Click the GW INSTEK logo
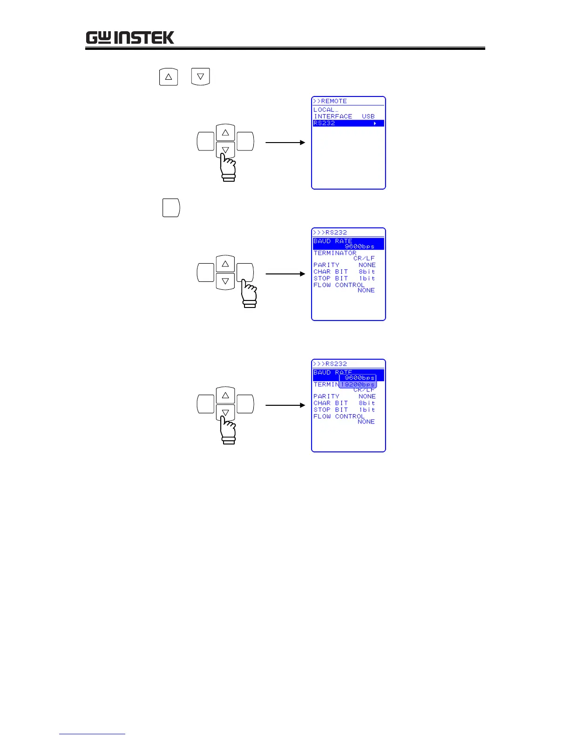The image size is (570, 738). coord(130,38)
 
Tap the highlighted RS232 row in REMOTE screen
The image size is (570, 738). coord(348,123)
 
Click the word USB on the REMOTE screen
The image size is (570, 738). coord(368,116)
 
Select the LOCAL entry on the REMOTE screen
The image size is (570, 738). coord(326,110)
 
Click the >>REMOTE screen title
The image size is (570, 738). coord(330,101)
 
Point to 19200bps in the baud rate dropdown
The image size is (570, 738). coord(358,385)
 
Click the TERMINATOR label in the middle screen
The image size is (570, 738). coord(335,253)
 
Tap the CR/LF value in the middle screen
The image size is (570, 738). coord(364,259)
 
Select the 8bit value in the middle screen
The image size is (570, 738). coord(367,272)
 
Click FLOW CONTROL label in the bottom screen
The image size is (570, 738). coord(339,417)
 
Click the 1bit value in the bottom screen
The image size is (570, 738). coord(367,410)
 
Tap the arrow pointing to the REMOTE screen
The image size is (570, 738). coord(285,143)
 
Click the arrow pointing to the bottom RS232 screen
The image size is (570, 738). coord(285,405)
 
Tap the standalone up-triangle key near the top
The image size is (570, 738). coord(169,77)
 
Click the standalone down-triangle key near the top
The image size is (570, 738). coord(200,77)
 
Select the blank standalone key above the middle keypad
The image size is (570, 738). coord(171,208)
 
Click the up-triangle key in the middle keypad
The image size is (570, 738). coord(225,264)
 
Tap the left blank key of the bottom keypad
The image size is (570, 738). coord(205,404)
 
